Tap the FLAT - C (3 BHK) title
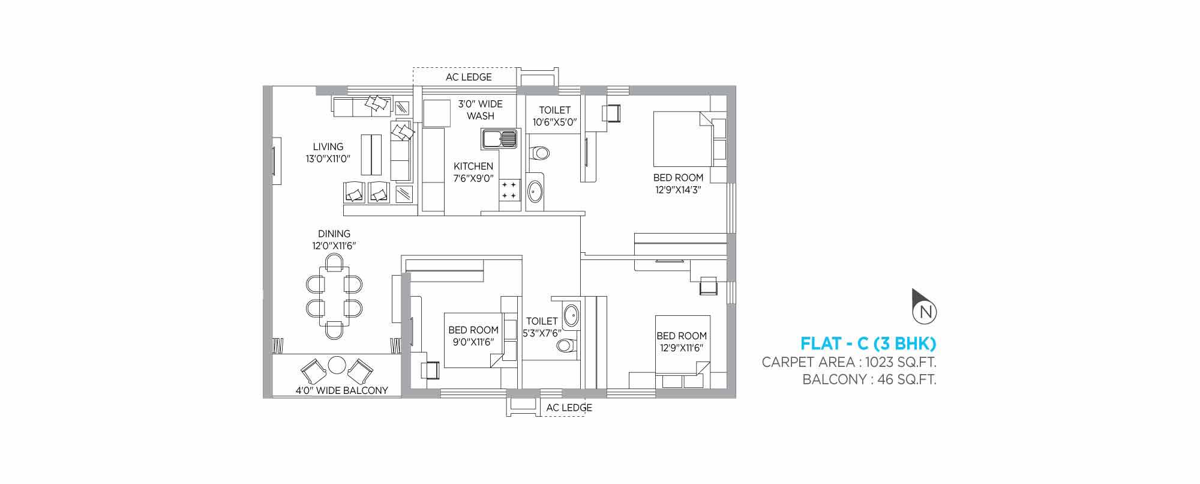click(x=868, y=344)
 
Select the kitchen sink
click(x=499, y=140)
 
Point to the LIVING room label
click(x=328, y=147)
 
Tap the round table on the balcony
click(x=337, y=365)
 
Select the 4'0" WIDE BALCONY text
click(x=341, y=390)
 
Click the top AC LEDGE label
click(x=469, y=77)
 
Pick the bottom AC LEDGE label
click(x=569, y=408)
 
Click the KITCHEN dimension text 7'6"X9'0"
click(x=473, y=178)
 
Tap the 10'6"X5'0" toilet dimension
click(x=554, y=122)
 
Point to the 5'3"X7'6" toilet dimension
click(x=542, y=333)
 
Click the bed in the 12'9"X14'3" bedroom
click(x=682, y=138)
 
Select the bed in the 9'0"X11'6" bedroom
click(x=473, y=340)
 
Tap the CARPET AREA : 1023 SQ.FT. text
click(x=849, y=362)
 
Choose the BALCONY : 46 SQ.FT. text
click(x=869, y=380)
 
